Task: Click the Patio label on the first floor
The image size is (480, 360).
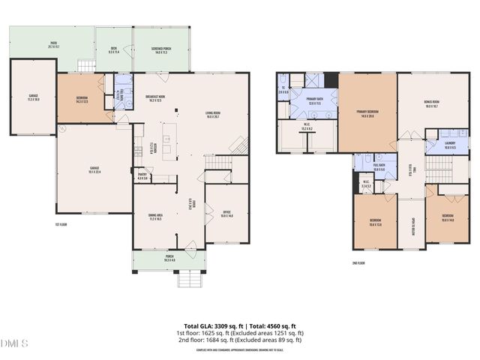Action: [x=54, y=45]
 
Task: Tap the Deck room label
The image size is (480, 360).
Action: [x=115, y=49]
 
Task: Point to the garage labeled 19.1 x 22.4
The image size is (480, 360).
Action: [x=94, y=170]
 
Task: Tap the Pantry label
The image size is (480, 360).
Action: [x=142, y=177]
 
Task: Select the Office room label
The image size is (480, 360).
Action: [x=226, y=214]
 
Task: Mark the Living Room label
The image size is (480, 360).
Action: [x=218, y=115]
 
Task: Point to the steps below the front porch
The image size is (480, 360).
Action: [x=190, y=280]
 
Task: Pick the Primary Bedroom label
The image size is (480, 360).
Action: [x=367, y=114]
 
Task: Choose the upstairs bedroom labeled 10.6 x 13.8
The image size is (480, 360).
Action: [x=375, y=223]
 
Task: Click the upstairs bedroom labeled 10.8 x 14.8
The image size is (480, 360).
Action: [x=448, y=218]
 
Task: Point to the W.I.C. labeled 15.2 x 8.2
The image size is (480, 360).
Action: [x=307, y=127]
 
